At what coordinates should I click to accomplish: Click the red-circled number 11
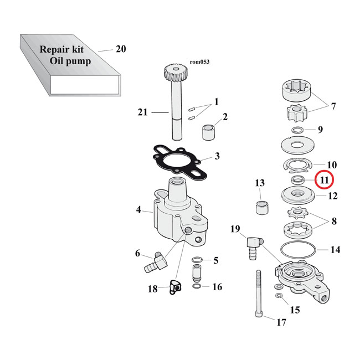pyautogui.click(x=323, y=179)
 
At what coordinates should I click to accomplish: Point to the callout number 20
pyautogui.click(x=121, y=49)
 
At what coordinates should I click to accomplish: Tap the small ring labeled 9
pyautogui.click(x=298, y=131)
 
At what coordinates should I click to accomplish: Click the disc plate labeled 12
pyautogui.click(x=298, y=196)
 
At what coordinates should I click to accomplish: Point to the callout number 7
pyautogui.click(x=333, y=106)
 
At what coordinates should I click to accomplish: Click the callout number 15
pyautogui.click(x=295, y=310)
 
